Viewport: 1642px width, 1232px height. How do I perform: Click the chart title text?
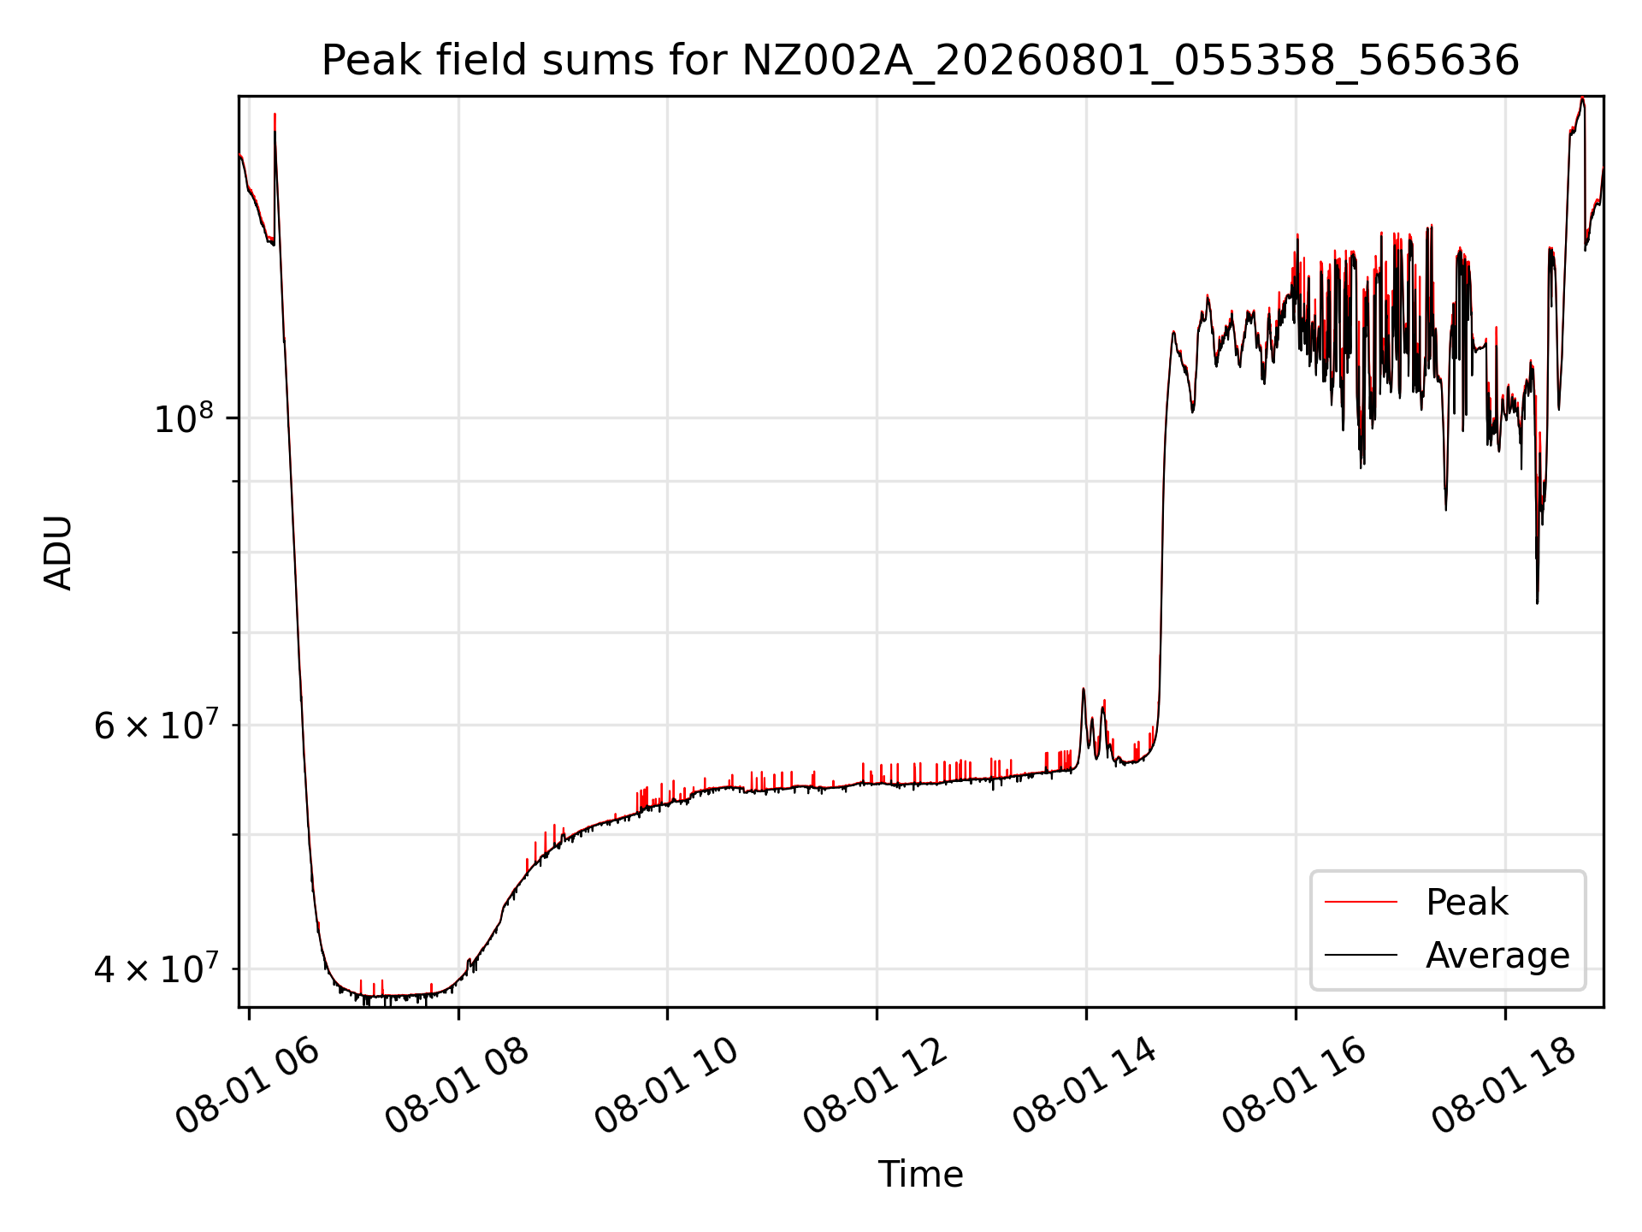click(920, 61)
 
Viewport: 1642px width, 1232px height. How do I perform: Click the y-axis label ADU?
click(58, 552)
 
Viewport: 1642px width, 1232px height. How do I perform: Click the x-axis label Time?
click(920, 1174)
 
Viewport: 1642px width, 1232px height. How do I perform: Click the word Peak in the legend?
click(1467, 903)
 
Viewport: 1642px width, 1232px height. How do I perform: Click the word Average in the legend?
click(1497, 955)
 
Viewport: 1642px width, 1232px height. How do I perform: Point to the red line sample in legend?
click(1361, 902)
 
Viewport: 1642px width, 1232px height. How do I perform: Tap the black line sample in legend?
click(1361, 955)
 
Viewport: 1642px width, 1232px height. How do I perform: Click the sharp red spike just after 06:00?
click(275, 115)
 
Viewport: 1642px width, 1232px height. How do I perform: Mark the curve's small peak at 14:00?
click(1084, 690)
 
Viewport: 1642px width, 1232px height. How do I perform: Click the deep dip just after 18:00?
click(1537, 601)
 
